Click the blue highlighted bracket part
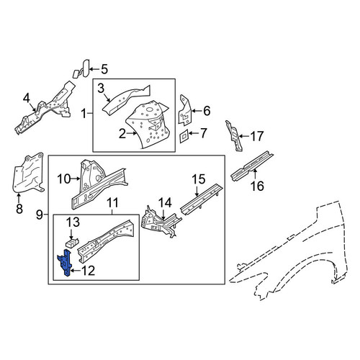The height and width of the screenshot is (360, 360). pos(65,263)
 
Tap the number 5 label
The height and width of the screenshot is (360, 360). pos(104,69)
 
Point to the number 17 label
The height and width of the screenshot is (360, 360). pos(257,136)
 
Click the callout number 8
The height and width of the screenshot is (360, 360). pos(19,209)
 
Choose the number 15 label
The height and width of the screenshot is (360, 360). pos(199,179)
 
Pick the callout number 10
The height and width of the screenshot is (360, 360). pos(64,179)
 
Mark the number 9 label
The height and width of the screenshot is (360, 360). pos(40,215)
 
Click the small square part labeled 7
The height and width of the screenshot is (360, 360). pos(184,137)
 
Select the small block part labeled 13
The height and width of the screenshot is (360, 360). pos(73,243)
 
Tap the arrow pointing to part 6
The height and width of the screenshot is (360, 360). pos(197,111)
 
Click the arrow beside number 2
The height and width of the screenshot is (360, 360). pos(132,134)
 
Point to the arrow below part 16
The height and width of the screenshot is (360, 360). pos(255,174)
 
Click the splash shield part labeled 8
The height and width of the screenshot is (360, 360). pos(27,174)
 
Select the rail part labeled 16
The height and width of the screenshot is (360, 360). pos(252,166)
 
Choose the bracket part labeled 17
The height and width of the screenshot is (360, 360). pos(233,136)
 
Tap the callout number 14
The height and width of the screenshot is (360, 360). pos(165,203)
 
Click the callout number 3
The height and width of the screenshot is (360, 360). pos(102,89)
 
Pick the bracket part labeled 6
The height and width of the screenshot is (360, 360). pos(185,110)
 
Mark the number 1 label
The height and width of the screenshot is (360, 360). pos(84,114)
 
